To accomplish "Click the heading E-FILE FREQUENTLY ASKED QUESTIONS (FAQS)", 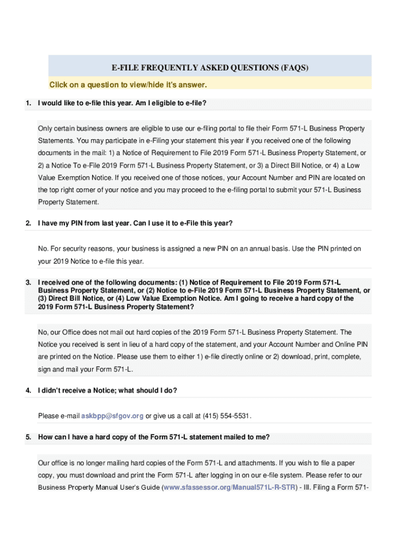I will tap(210, 68).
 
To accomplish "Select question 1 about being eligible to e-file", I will tap(122, 103).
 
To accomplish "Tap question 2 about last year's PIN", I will tap(135, 223).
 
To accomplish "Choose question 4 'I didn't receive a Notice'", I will tap(107, 390).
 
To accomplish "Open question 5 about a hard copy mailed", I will tap(154, 437).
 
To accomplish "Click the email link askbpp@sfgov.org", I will tap(112, 416).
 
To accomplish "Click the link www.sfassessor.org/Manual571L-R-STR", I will tap(229, 487).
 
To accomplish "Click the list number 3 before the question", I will tap(28, 282).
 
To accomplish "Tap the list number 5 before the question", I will tap(28, 437).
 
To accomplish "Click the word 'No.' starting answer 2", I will tap(43, 249).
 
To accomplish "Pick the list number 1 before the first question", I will tap(28, 103).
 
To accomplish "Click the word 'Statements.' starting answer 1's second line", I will tap(53, 141).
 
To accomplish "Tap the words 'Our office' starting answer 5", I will tap(52, 463).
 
